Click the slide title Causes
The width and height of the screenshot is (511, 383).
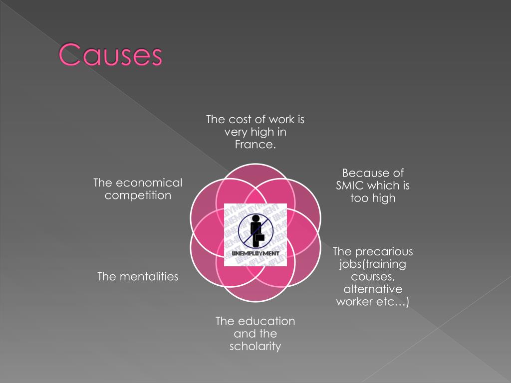111,55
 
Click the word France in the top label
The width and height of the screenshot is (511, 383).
255,145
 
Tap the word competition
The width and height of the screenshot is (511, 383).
138,195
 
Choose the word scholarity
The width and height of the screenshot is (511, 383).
255,346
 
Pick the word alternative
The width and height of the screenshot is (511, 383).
373,289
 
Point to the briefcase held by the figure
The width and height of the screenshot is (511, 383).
259,237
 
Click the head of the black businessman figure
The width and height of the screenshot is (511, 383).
255,217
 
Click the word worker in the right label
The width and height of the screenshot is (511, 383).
355,302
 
